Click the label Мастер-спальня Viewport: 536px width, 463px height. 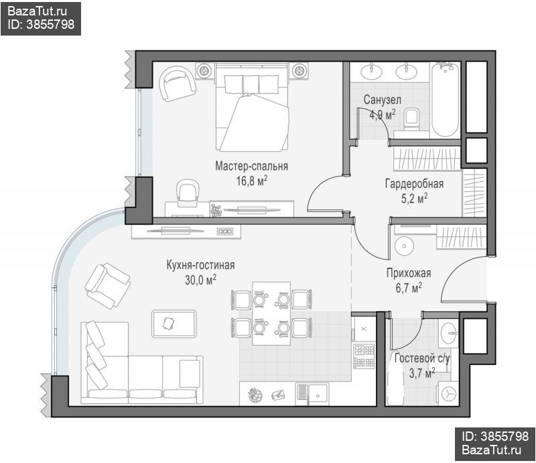click(252, 166)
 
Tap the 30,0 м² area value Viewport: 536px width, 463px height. click(200, 280)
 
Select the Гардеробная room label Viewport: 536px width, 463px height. click(414, 184)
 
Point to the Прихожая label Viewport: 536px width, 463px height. click(409, 273)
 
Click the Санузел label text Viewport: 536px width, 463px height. click(382, 100)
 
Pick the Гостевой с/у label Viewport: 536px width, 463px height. click(422, 358)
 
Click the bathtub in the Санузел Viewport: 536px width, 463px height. click(445, 100)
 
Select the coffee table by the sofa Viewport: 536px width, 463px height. click(174, 323)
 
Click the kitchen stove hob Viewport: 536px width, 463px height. click(364, 356)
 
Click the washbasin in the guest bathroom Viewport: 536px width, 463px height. click(448, 333)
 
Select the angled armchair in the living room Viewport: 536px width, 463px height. click(107, 286)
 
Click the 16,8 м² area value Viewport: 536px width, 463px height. click(252, 181)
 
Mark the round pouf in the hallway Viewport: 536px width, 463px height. click(405, 246)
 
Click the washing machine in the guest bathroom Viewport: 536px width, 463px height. click(448, 393)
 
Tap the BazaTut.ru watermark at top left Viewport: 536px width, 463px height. click(38, 11)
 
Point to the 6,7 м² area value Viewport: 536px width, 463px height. click(409, 288)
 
